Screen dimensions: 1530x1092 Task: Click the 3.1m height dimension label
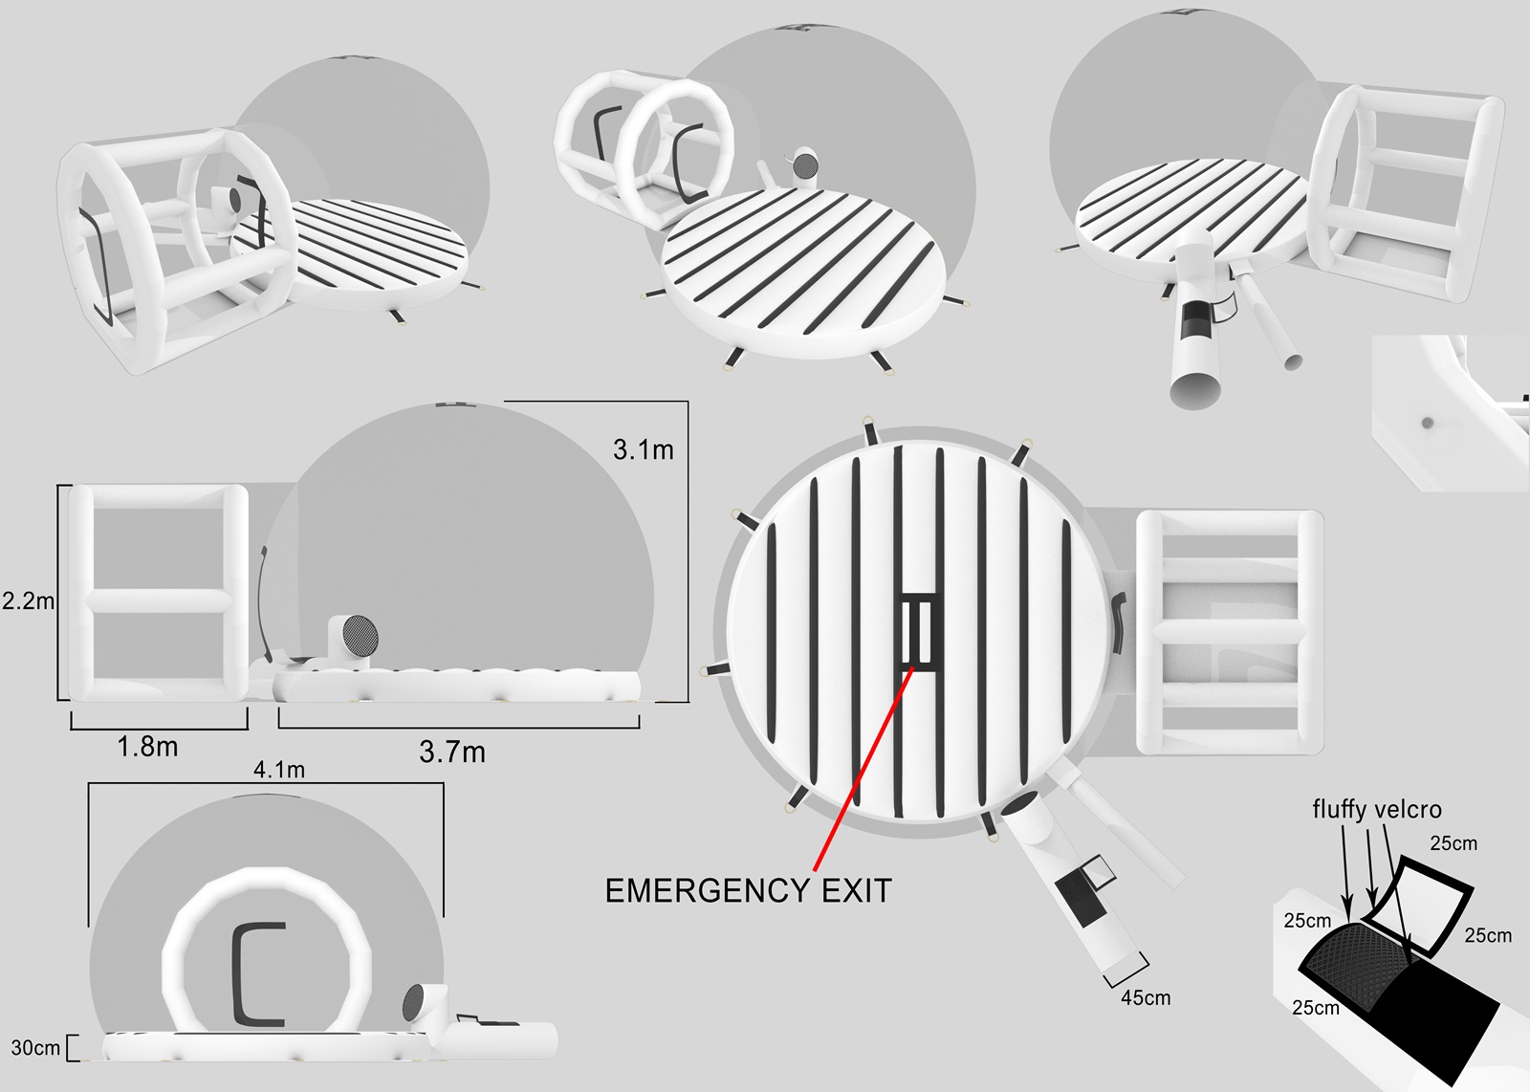point(643,449)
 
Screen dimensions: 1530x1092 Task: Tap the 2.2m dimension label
point(28,601)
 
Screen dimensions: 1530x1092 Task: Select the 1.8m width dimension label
point(147,747)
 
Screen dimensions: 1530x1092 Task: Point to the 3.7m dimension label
point(452,752)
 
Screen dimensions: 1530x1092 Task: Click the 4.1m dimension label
point(278,770)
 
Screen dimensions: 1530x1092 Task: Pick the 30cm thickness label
point(35,1047)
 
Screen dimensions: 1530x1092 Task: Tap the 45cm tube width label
point(1146,997)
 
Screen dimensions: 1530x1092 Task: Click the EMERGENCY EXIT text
point(749,891)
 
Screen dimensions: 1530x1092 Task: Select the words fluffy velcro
point(1377,809)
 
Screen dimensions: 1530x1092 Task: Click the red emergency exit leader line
point(864,769)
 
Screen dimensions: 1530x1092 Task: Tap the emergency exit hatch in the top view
point(919,632)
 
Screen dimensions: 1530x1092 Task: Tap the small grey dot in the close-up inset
point(1427,423)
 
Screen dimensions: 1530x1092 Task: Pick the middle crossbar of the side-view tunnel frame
point(159,601)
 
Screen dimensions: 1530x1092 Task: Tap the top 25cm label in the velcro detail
point(1453,843)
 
